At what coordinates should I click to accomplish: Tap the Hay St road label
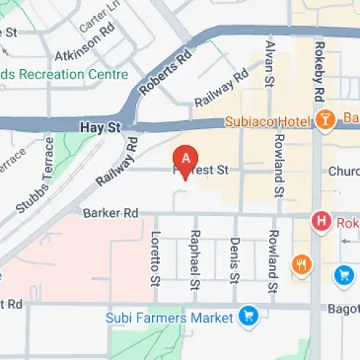tap(94, 127)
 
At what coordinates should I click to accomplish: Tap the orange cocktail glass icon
tap(326, 120)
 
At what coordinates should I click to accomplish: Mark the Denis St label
tap(234, 260)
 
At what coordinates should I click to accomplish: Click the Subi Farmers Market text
tap(169, 317)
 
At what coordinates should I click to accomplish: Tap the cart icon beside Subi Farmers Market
tap(249, 316)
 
